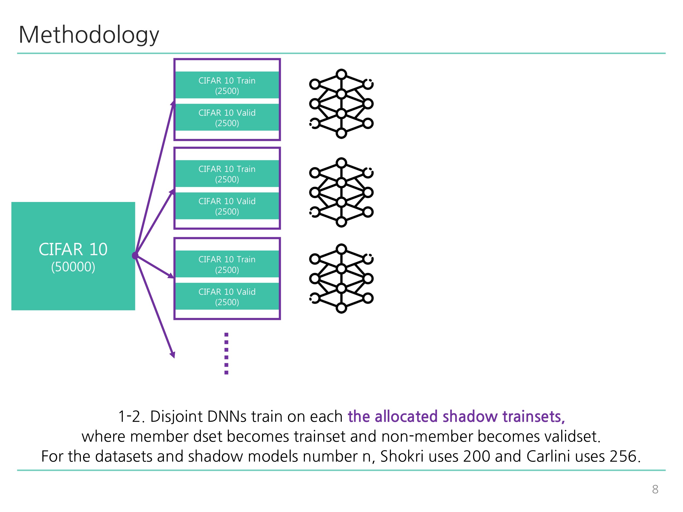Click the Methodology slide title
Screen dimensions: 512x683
[89, 35]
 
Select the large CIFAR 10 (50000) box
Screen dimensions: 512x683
[73, 256]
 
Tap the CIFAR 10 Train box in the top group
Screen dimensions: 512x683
[227, 85]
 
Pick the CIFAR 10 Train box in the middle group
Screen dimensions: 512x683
[227, 174]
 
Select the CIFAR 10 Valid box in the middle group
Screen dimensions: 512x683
[227, 206]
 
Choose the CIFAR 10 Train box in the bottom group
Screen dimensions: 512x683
[227, 264]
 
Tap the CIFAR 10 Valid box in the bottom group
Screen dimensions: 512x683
[227, 296]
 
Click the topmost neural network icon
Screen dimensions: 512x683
[341, 104]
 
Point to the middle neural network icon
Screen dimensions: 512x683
[341, 192]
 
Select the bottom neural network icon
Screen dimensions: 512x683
[341, 278]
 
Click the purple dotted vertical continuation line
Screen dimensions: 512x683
[226, 353]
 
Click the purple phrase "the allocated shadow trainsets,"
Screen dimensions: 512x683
[456, 416]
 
